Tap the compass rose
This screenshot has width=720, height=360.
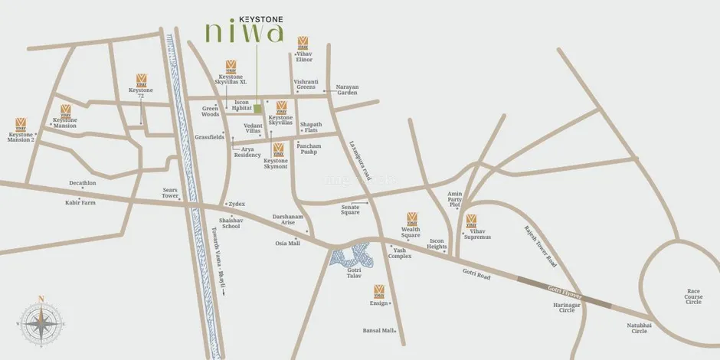point(41,322)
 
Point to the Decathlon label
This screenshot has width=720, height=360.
point(82,184)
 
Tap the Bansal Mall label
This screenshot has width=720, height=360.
point(378,331)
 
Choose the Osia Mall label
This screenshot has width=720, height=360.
point(288,244)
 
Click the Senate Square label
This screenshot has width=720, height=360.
point(351,209)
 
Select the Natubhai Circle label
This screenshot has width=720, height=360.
point(638,328)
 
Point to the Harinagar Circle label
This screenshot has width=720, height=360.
point(564,307)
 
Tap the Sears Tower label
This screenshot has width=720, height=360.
point(170,192)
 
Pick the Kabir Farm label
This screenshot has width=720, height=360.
point(80,203)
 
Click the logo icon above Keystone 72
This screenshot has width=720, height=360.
point(141,79)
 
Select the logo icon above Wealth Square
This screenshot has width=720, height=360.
point(412,218)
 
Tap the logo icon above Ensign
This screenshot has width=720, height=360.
point(378,291)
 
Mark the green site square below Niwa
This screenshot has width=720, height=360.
point(258,110)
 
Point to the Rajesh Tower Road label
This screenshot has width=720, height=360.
point(541,244)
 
